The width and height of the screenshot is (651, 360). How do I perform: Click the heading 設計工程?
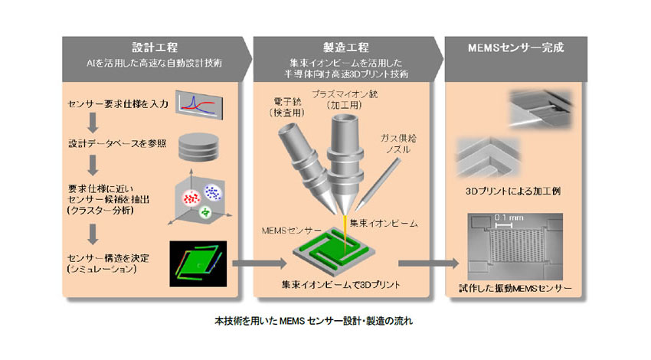tap(151, 47)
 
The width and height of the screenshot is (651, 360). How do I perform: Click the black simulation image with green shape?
tap(200, 260)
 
